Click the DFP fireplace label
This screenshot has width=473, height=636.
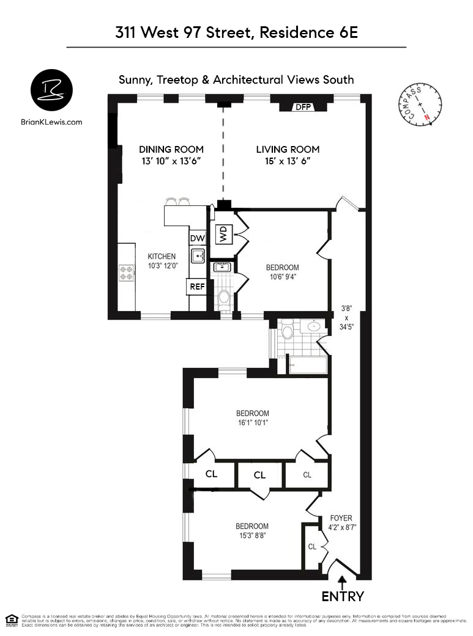(x=304, y=108)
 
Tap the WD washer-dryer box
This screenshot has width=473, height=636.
(x=223, y=233)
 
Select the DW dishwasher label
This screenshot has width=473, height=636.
(x=197, y=239)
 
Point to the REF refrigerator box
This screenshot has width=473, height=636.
(x=197, y=286)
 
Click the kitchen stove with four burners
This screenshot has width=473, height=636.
(x=127, y=272)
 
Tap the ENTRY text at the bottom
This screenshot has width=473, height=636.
(x=343, y=597)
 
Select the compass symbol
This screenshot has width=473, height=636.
(x=420, y=105)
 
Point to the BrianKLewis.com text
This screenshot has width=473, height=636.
(x=51, y=122)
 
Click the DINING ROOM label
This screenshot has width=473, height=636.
(x=171, y=149)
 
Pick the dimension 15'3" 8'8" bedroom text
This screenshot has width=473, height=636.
(x=252, y=536)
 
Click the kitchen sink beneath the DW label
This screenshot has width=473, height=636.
(x=197, y=255)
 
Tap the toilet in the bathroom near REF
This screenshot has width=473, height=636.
(x=224, y=298)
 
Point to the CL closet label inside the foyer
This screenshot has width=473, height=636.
(x=312, y=546)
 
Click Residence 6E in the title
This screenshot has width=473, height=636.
(x=308, y=33)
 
